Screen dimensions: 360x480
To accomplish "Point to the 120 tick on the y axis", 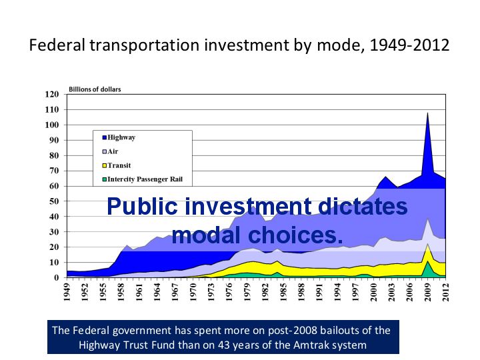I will (x=53, y=94).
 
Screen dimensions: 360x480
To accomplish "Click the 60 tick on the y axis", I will (x=55, y=186).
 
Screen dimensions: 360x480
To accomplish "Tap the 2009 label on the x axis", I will (x=427, y=293).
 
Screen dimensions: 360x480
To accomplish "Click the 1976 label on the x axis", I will (x=230, y=293).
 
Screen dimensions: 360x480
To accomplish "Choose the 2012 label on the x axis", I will (x=445, y=293).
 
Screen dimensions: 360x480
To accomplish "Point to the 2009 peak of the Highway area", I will (x=427, y=113).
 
